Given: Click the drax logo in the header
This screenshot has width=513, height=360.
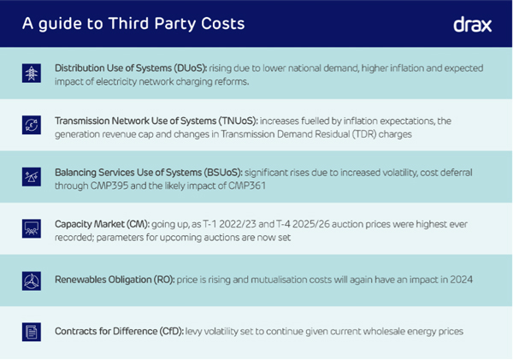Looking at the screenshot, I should pyautogui.click(x=472, y=24).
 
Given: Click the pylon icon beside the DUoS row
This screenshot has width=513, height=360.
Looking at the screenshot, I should pyautogui.click(x=31, y=73).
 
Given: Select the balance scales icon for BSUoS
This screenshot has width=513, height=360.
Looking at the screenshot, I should pyautogui.click(x=31, y=176).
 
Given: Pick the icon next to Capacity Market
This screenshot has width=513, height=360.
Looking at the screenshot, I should pyautogui.click(x=31, y=228).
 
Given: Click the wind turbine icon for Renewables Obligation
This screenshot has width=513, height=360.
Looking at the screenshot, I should pyautogui.click(x=31, y=280).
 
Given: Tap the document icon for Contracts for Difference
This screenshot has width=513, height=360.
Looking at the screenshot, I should pyautogui.click(x=31, y=331).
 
